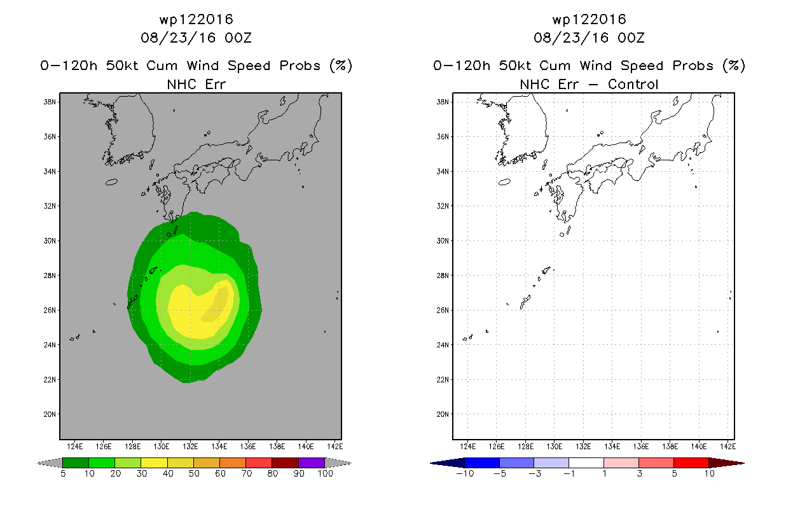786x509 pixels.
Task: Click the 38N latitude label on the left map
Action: point(50,102)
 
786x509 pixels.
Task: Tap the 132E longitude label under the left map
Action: point(190,447)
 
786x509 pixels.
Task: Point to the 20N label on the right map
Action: point(443,414)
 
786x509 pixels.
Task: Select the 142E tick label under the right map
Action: point(727,447)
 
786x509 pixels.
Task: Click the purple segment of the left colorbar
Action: point(312,463)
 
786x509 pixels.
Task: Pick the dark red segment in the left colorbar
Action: point(286,463)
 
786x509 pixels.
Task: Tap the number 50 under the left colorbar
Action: point(194,473)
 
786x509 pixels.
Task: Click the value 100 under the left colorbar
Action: point(326,473)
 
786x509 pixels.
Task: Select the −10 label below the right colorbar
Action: point(465,473)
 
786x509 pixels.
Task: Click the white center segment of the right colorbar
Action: point(586,463)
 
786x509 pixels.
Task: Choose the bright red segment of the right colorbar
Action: point(691,463)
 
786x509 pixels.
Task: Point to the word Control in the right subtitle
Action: point(633,85)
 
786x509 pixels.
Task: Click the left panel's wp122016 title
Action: point(197,20)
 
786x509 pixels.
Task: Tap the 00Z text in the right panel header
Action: point(631,38)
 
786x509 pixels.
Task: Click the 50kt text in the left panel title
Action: point(122,66)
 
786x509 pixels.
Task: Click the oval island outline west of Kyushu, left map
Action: point(111,182)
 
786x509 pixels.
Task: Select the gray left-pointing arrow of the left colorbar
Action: point(50,463)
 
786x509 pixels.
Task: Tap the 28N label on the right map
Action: point(443,275)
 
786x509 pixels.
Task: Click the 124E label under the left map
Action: point(75,447)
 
